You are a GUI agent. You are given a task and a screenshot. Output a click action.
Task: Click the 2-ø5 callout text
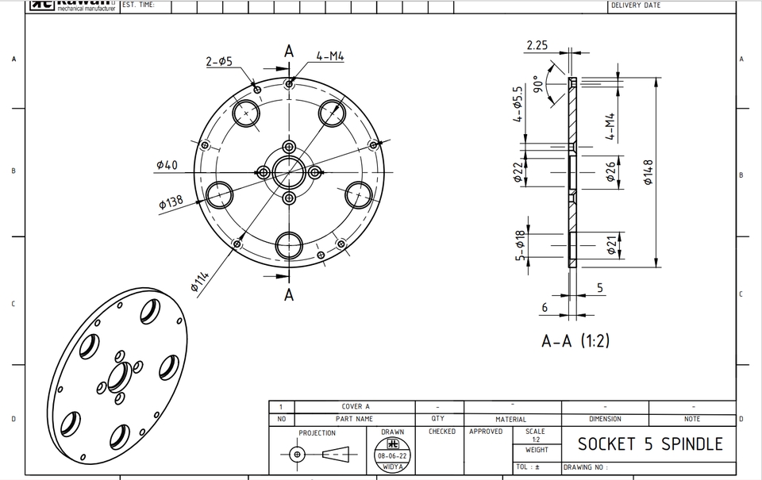coord(219,61)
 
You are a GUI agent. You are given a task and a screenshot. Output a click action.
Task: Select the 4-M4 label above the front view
coord(329,56)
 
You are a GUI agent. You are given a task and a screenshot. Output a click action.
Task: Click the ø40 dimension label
coord(167,165)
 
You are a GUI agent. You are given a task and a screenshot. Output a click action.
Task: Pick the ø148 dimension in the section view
coord(648,172)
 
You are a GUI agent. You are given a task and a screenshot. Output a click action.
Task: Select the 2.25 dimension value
coord(537,45)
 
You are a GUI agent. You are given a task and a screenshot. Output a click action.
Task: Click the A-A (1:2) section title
coord(576,341)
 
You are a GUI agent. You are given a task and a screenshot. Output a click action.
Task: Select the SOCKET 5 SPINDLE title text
coord(650,444)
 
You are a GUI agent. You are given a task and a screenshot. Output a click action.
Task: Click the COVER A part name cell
coord(356,406)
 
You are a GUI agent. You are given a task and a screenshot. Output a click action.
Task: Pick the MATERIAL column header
coord(510,419)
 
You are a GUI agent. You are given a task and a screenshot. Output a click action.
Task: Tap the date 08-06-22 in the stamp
coord(392,457)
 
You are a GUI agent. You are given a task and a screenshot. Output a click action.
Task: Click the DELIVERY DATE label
coord(635,6)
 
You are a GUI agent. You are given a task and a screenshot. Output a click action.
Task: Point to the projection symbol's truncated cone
coord(336,455)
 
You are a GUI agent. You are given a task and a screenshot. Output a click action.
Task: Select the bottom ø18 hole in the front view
coord(289,244)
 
